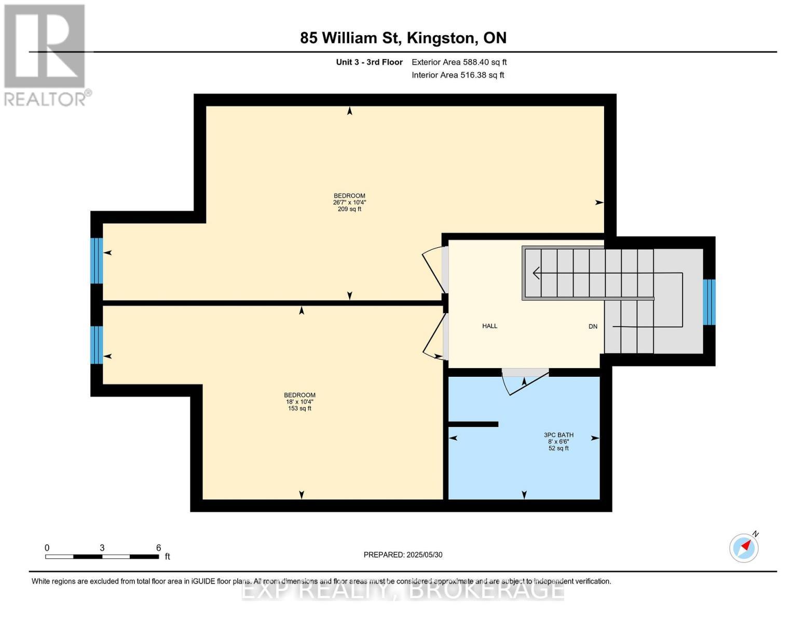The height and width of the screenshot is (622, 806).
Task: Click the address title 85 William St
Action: coord(403,38)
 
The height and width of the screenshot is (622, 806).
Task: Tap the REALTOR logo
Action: coord(45,55)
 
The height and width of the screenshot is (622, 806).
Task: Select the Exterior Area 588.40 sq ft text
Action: coord(459,62)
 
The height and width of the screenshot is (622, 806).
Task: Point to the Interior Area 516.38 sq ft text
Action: coord(458,75)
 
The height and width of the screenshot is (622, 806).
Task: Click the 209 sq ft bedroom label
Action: coord(349,203)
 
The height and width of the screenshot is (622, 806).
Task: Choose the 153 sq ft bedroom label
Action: coord(299,402)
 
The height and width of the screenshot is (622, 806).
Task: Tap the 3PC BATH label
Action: coord(558,442)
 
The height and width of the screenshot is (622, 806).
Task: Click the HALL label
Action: coord(489,326)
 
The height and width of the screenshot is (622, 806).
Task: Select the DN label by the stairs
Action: coord(593,327)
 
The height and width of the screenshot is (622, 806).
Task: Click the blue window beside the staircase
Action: coord(709,302)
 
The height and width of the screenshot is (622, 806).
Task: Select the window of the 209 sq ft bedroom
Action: coord(97,261)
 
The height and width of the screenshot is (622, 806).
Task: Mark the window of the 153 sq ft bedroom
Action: coord(97,345)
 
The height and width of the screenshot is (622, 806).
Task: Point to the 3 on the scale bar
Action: coord(102,548)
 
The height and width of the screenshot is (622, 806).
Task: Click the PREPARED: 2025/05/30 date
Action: coord(403,555)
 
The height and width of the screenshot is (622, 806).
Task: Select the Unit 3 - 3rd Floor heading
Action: coord(369,62)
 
